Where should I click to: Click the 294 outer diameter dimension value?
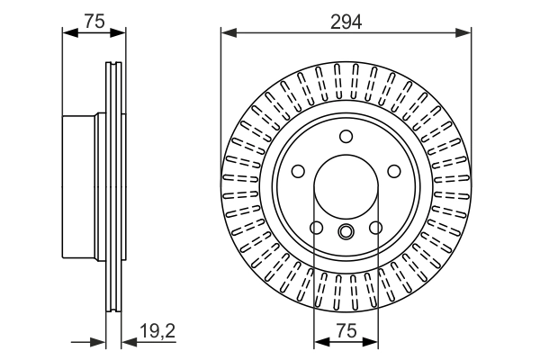click(346, 22)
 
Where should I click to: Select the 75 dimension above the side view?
click(94, 22)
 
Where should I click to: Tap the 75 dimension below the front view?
click(346, 331)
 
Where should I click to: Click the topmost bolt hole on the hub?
click(346, 136)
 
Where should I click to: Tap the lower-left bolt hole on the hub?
click(315, 228)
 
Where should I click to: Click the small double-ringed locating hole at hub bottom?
click(346, 232)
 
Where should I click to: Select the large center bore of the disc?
click(346, 187)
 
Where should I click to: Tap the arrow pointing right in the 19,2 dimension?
click(100, 343)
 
